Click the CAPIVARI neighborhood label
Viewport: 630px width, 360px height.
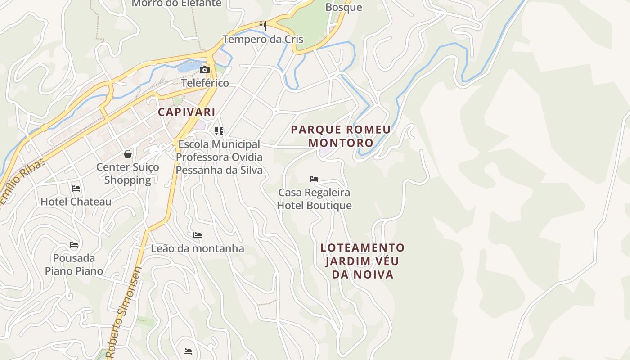pyautogui.click(x=186, y=112)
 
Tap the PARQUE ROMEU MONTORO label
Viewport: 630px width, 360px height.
pyautogui.click(x=341, y=136)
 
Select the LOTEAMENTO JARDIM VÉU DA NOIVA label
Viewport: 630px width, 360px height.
pyautogui.click(x=363, y=261)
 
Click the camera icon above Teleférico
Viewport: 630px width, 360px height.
pyautogui.click(x=205, y=70)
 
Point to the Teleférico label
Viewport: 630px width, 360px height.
pyautogui.click(x=205, y=83)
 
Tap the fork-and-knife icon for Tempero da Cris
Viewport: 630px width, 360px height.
pyautogui.click(x=263, y=26)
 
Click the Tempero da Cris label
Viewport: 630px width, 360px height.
pyautogui.click(x=263, y=40)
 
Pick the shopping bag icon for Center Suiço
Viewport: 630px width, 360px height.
pyautogui.click(x=128, y=154)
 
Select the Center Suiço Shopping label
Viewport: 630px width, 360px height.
pyautogui.click(x=128, y=174)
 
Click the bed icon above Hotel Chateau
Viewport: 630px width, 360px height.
pyautogui.click(x=76, y=188)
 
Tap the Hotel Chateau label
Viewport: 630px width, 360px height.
pyautogui.click(x=76, y=202)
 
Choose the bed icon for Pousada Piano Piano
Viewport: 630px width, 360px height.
pyautogui.click(x=74, y=245)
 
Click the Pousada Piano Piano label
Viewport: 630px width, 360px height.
pyautogui.click(x=74, y=265)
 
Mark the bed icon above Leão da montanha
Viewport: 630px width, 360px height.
pyautogui.click(x=198, y=235)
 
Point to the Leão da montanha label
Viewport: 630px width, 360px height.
pyautogui.click(x=198, y=248)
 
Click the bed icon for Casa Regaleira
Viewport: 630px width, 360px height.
pyautogui.click(x=314, y=179)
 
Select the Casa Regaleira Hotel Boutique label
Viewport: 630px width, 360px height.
pyautogui.click(x=314, y=199)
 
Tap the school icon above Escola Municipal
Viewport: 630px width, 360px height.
pyautogui.click(x=219, y=131)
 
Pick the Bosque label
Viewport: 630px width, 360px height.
pyautogui.click(x=343, y=7)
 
